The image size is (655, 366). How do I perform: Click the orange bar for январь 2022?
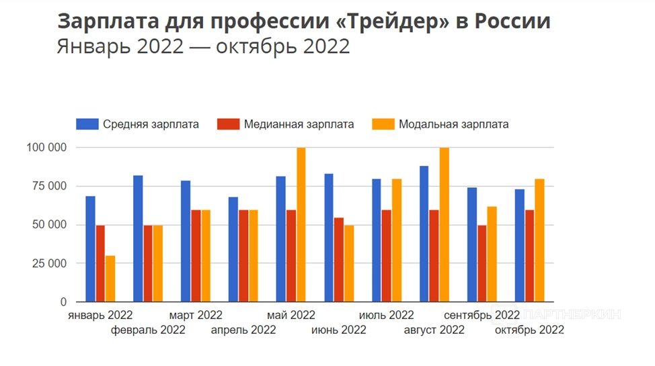tap(110, 279)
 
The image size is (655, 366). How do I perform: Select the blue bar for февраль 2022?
tap(138, 238)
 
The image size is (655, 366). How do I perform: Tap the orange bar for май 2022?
tap(301, 225)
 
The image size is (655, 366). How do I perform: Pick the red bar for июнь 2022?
tap(339, 260)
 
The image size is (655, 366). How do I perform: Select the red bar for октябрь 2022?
tap(529, 256)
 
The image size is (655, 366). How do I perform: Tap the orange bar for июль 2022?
tap(396, 240)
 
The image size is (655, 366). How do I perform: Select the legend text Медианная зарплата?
tap(299, 124)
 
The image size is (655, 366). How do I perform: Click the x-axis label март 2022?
tap(196, 315)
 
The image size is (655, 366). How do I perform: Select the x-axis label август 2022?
tap(434, 330)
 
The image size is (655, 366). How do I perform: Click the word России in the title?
tap(513, 21)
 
